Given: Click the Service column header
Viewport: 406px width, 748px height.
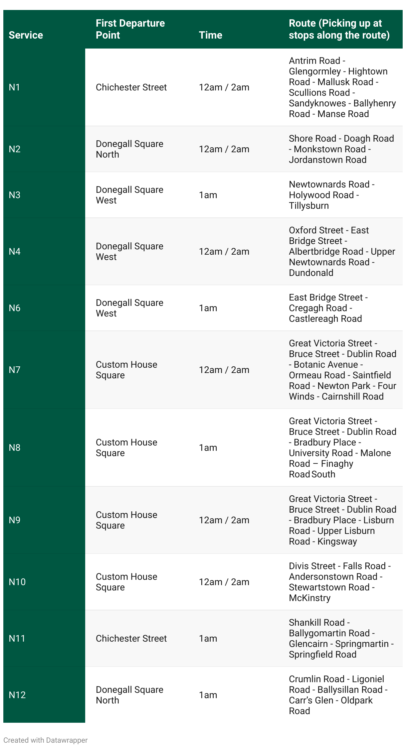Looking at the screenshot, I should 26,35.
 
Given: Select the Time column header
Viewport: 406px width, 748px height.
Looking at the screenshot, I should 210,35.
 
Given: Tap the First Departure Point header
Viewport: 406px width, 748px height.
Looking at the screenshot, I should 130,29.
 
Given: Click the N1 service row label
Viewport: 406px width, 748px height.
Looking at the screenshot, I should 14,87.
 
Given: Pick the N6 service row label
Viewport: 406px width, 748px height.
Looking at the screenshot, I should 15,308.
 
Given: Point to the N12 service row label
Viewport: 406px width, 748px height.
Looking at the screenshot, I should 17,695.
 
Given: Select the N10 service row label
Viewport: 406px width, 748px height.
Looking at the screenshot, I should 17,582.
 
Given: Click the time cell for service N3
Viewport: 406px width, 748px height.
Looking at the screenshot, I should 208,195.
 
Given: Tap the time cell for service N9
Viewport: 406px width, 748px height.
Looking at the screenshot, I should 224,520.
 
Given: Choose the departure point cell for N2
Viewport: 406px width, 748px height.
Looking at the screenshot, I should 129,149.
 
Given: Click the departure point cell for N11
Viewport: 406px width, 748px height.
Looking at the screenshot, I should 131,639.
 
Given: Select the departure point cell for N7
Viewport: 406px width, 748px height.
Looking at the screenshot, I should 126,370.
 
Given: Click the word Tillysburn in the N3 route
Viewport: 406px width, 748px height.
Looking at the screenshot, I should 308,206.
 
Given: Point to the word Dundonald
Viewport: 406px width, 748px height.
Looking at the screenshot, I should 311,273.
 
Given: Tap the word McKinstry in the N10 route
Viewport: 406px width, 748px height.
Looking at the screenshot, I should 309,598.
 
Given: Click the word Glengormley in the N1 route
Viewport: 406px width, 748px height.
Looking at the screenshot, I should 315,71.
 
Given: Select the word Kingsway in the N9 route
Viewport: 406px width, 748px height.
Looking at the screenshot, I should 337,542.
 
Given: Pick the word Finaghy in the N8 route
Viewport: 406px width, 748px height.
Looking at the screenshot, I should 337,464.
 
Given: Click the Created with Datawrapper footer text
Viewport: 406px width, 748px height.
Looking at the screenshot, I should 46,740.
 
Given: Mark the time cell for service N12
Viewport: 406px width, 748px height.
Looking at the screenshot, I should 208,695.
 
